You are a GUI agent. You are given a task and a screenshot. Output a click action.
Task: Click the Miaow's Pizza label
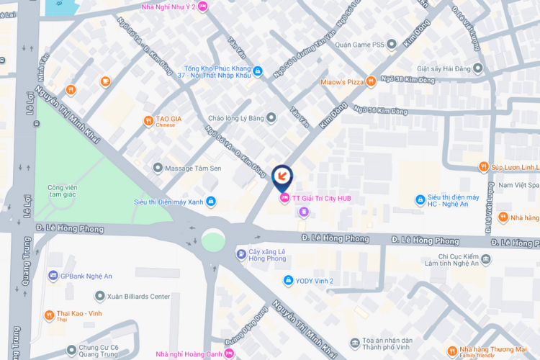(342, 82)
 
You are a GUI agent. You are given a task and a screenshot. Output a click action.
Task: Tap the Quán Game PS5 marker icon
(392, 45)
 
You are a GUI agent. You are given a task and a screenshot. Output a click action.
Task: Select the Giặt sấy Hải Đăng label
(443, 69)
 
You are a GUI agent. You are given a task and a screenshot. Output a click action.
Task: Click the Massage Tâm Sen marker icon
(158, 168)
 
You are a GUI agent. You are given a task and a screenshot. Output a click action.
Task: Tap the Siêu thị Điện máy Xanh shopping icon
(211, 202)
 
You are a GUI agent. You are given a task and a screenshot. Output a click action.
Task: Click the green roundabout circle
(213, 240)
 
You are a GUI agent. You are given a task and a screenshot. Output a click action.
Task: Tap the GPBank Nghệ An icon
(52, 276)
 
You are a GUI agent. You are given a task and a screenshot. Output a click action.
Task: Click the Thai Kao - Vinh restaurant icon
(49, 315)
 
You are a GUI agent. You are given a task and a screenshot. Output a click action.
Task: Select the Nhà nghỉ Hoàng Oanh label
(189, 354)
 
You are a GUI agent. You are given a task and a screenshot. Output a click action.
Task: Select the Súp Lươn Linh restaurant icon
(483, 167)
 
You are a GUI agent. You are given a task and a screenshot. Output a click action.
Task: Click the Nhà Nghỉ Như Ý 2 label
(168, 6)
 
